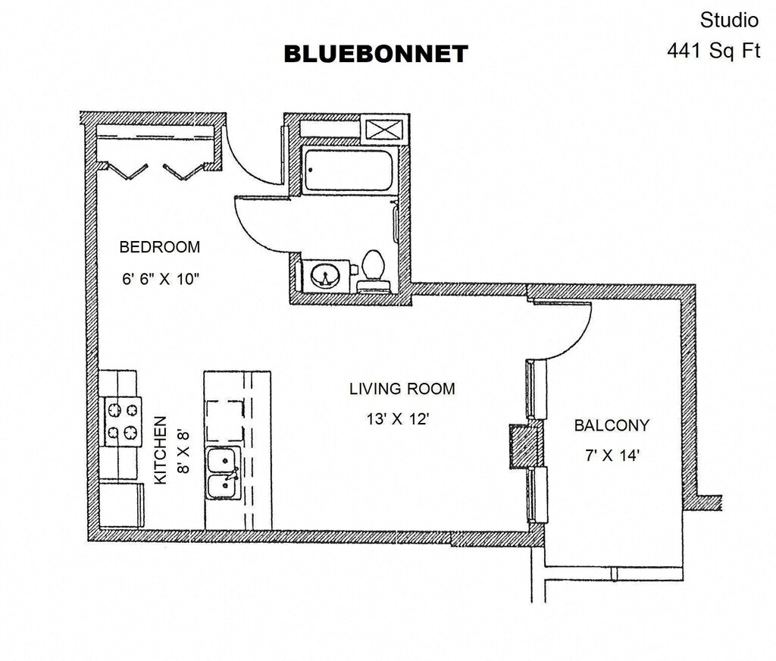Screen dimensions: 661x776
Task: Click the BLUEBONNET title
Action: (376, 54)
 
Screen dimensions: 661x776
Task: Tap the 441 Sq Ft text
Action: (712, 51)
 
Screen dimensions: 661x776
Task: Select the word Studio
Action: (729, 20)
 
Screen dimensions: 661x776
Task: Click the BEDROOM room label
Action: (160, 247)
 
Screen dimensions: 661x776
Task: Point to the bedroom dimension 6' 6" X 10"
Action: (160, 278)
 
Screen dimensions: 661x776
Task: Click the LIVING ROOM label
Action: (402, 389)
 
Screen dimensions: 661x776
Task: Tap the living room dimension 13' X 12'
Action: (399, 418)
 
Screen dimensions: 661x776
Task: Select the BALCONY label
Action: (612, 425)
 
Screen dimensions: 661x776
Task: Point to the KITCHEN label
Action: (161, 450)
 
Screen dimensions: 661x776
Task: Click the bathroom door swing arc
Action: (262, 227)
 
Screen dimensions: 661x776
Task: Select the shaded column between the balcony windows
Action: (524, 445)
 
